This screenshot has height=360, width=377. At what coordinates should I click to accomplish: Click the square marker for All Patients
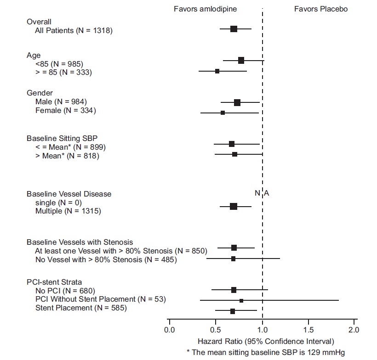pos(234,29)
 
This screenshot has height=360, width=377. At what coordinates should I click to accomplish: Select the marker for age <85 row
pos(241,61)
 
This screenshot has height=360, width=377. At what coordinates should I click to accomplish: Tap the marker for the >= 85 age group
pos(217,71)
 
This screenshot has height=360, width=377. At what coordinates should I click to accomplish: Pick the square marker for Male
pos(237,102)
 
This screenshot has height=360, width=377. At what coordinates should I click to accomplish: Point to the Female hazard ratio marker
pos(223,112)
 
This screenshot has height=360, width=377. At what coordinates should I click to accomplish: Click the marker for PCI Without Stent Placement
pos(241,300)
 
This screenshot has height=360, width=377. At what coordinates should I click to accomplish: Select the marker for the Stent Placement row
pos(233,311)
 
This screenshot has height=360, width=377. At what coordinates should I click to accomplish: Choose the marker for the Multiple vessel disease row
pos(234,206)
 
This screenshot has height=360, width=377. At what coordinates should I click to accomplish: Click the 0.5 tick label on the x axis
pos(216,329)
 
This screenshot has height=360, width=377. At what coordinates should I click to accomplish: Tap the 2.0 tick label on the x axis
pos(354,329)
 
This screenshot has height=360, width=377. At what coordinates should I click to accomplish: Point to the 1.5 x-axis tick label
pos(308,329)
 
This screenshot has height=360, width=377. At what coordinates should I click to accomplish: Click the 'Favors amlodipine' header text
pos(205,9)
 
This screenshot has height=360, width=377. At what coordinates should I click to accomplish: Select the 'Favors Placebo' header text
pos(321,9)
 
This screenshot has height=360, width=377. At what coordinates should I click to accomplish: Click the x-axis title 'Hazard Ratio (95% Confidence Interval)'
pos(266,342)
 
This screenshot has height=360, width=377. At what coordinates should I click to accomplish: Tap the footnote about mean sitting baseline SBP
pos(265,352)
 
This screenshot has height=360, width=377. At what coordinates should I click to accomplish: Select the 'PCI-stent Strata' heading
pos(54,282)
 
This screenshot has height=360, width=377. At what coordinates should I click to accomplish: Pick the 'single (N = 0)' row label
pos(58,202)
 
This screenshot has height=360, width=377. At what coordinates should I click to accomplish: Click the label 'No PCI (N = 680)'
pos(65,291)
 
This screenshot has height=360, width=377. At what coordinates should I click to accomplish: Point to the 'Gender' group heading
pos(40,93)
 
